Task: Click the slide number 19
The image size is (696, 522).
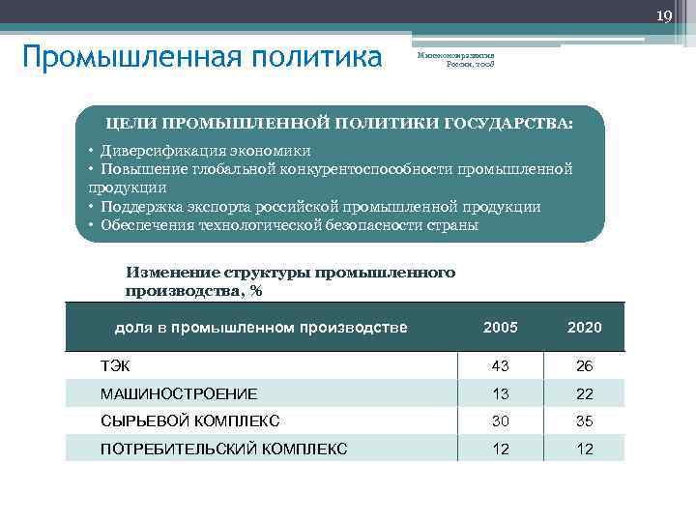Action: click(x=664, y=15)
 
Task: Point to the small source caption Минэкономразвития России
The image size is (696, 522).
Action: click(x=455, y=60)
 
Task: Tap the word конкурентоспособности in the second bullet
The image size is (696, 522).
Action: click(x=371, y=169)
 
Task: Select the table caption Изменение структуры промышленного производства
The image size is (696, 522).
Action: click(x=290, y=281)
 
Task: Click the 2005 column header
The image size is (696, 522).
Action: click(x=500, y=328)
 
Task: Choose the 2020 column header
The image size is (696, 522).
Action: click(x=584, y=328)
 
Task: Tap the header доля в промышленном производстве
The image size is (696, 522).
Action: click(x=261, y=328)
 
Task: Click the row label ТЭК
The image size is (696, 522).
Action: click(x=115, y=365)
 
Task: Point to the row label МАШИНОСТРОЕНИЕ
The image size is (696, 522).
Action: click(x=179, y=393)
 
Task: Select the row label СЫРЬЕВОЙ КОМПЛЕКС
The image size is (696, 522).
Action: click(x=189, y=420)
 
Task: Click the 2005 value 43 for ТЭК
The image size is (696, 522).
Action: click(x=500, y=365)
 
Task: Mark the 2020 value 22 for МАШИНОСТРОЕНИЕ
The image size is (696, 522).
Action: click(x=584, y=393)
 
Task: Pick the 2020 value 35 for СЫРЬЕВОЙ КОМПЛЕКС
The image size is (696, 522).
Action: click(x=584, y=420)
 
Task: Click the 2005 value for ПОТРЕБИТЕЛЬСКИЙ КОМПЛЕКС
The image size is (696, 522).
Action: click(x=500, y=449)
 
